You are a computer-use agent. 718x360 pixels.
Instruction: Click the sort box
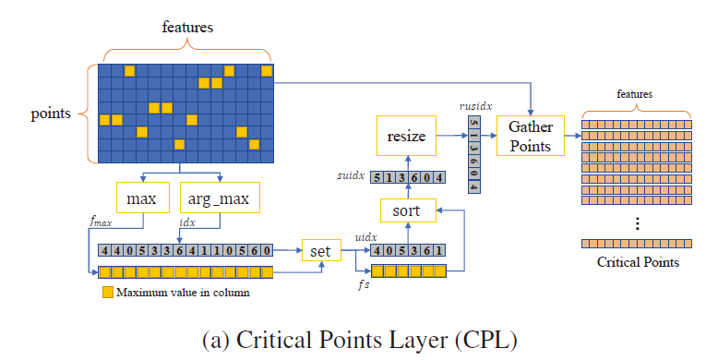click(x=407, y=210)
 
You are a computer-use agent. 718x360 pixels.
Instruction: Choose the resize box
click(x=406, y=137)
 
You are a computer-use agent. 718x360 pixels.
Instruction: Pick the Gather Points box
click(x=530, y=136)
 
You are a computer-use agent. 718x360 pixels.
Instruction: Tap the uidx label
click(x=366, y=236)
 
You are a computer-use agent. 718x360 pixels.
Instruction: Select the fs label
click(x=363, y=286)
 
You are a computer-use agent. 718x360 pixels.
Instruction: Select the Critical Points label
click(x=638, y=262)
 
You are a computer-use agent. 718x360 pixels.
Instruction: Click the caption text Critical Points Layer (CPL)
click(x=359, y=338)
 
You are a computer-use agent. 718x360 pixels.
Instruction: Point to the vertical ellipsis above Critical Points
click(x=638, y=222)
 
